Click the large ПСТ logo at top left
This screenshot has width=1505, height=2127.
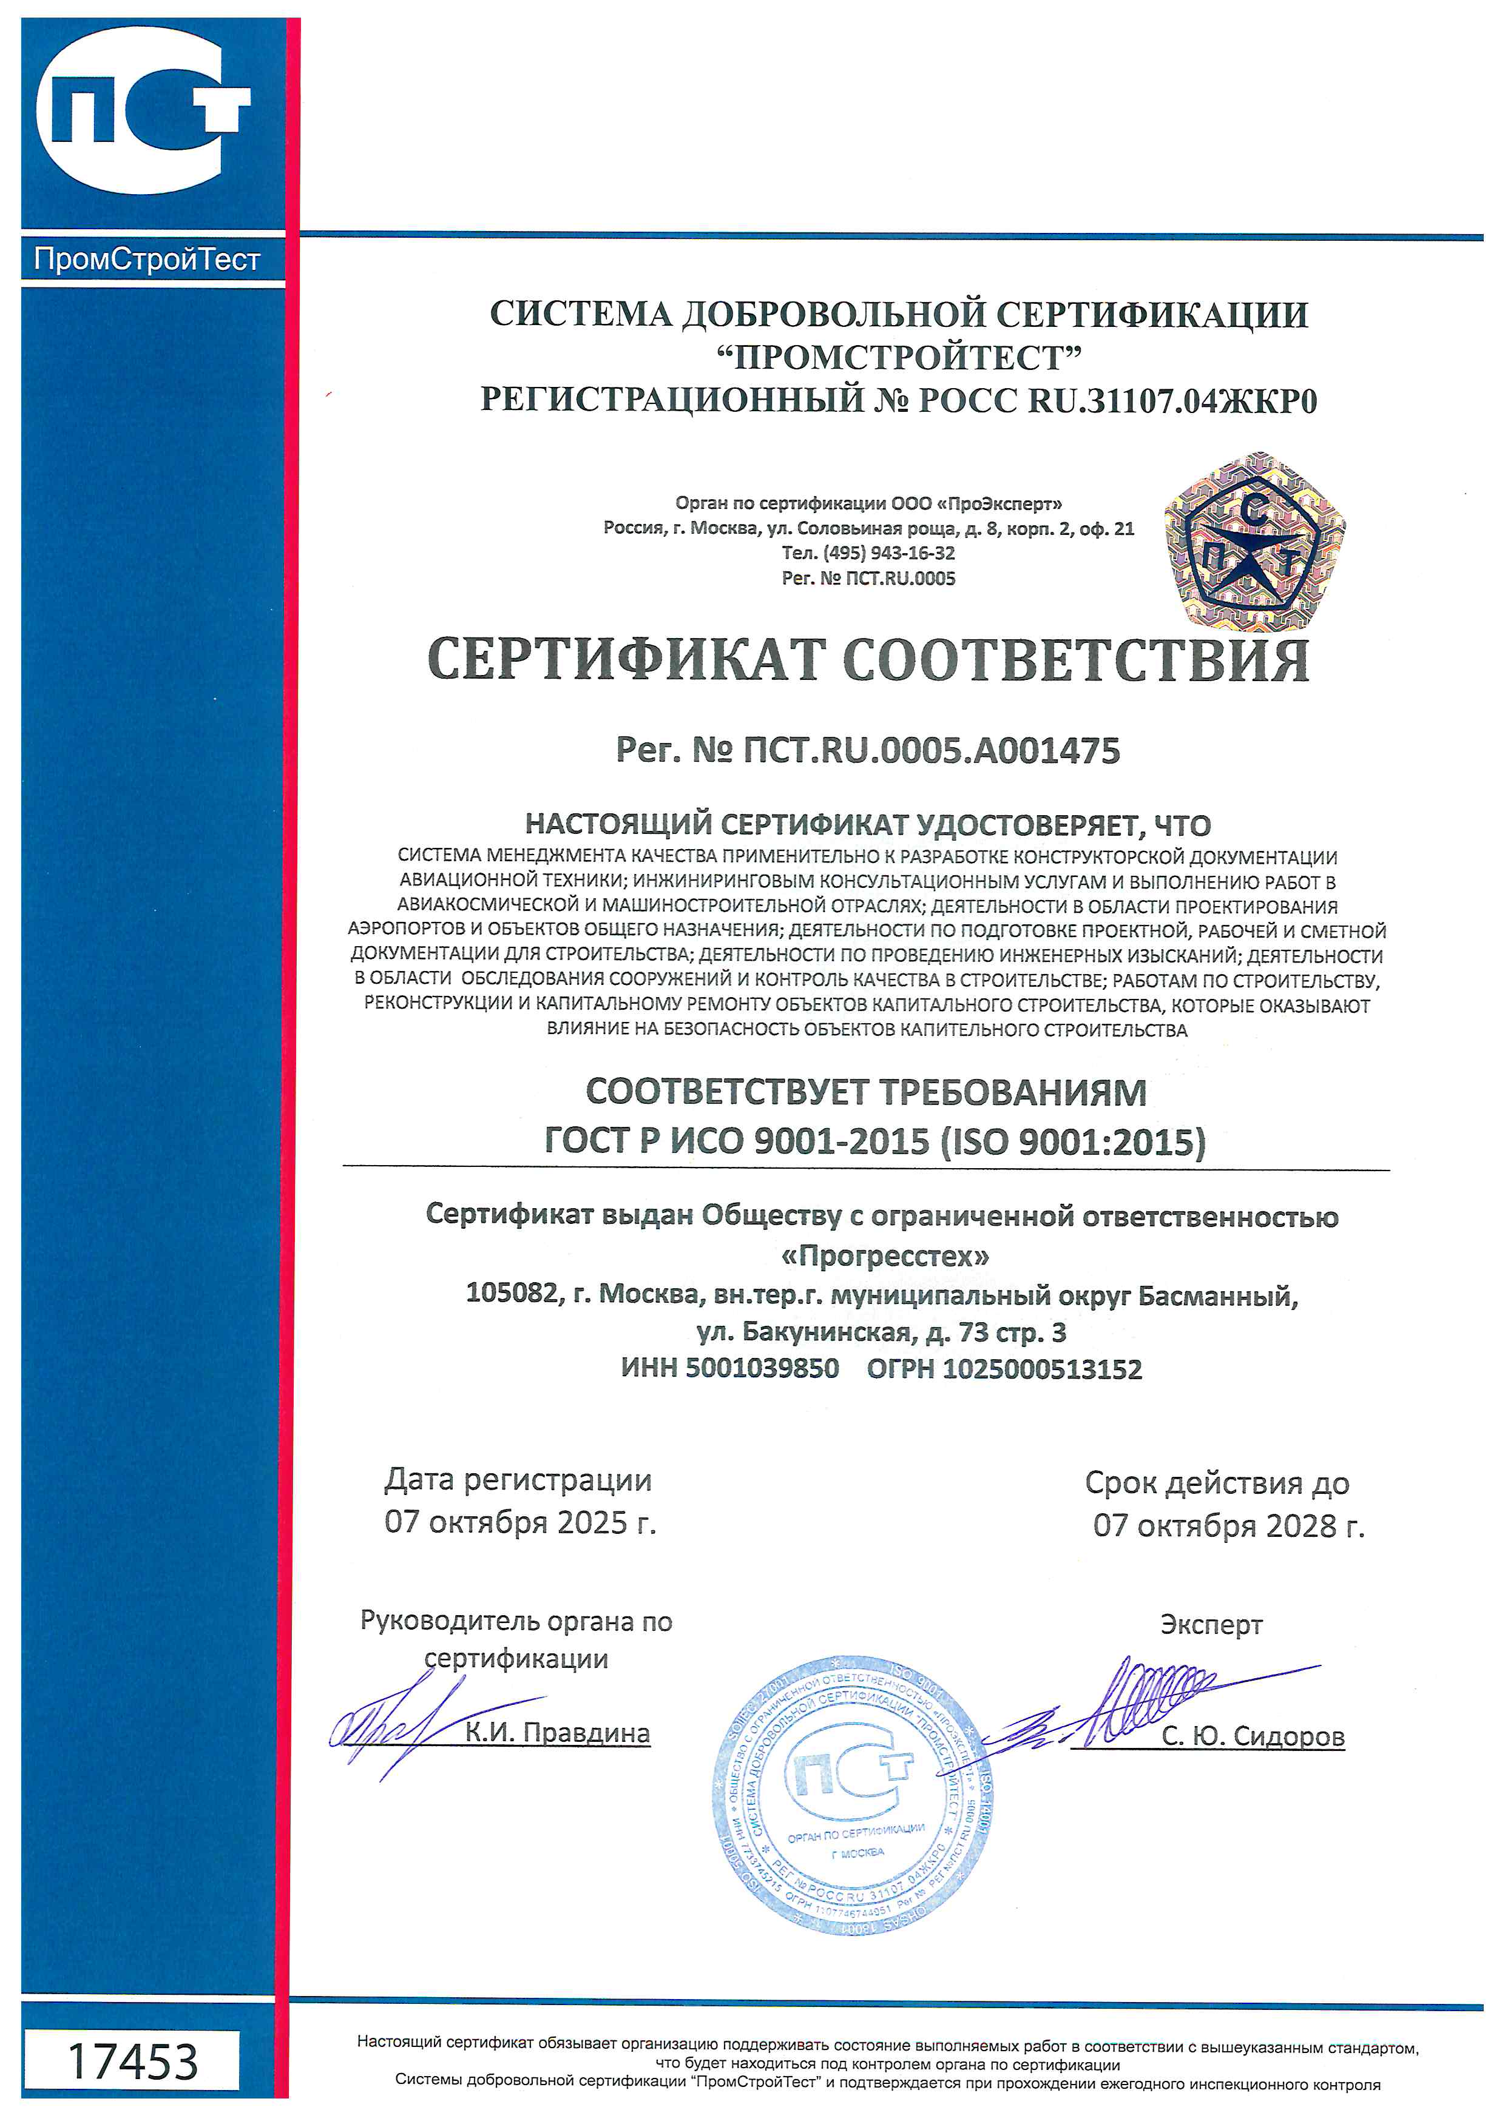pyautogui.click(x=144, y=111)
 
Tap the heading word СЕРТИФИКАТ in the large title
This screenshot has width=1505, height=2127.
pyautogui.click(x=626, y=660)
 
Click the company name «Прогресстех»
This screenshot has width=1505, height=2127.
pyautogui.click(x=885, y=1256)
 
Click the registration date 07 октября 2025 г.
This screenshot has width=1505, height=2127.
pyautogui.click(x=520, y=1522)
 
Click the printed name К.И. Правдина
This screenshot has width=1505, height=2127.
pyautogui.click(x=557, y=1732)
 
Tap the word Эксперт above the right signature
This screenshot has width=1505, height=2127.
pyautogui.click(x=1211, y=1625)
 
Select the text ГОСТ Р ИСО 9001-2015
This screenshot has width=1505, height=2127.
pyautogui.click(x=737, y=1141)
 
